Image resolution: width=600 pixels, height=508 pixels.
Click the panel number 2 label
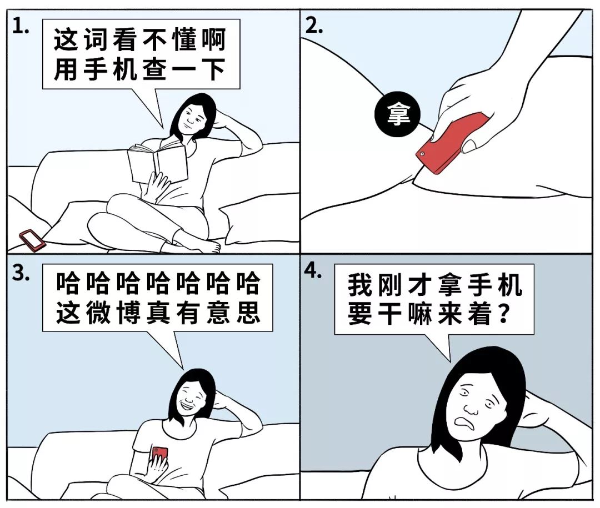(x=314, y=28)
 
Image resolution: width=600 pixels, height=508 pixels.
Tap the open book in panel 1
(x=157, y=163)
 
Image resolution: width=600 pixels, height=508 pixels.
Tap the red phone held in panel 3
(x=159, y=455)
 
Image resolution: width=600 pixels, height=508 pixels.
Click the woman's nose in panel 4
(x=470, y=411)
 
